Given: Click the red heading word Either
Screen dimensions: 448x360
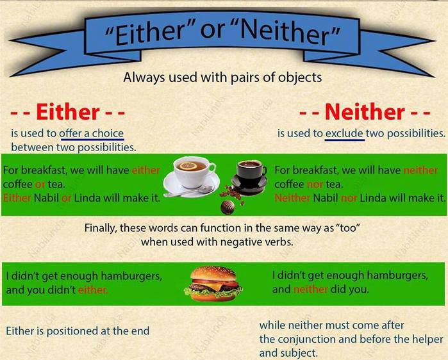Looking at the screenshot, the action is [x=68, y=112].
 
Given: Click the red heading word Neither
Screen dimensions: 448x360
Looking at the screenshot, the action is [x=365, y=112].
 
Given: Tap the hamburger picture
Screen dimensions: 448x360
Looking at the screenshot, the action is [x=213, y=284].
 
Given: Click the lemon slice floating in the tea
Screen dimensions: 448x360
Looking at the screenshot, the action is [x=188, y=165].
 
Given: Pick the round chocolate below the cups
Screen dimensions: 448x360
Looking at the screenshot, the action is [x=228, y=207].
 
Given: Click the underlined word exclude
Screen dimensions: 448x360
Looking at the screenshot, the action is [x=344, y=133].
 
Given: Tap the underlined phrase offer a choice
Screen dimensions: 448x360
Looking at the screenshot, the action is [x=92, y=134].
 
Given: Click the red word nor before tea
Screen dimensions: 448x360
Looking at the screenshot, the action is [x=315, y=184].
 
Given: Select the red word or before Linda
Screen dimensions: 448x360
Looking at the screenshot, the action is [x=66, y=198].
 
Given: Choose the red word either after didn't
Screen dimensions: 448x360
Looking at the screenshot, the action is [x=93, y=290].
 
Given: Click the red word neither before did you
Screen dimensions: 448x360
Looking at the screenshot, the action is [x=311, y=290].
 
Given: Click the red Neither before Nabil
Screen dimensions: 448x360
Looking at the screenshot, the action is [x=292, y=198].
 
